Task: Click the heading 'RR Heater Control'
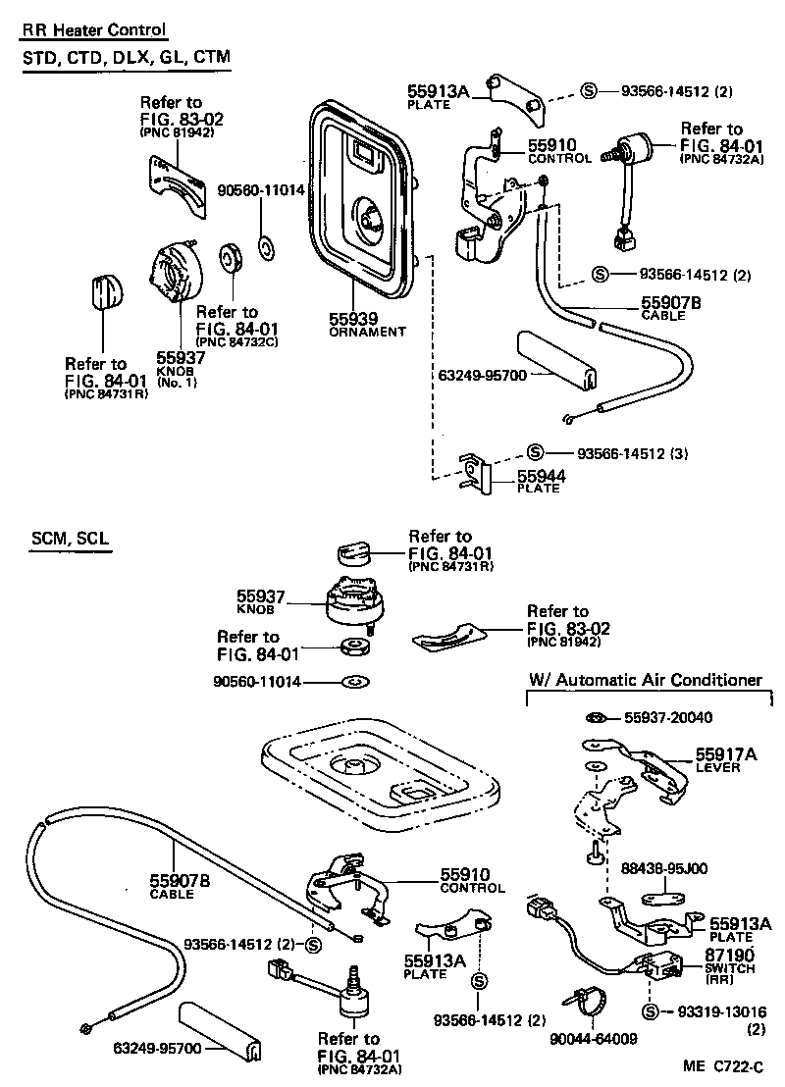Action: (x=94, y=30)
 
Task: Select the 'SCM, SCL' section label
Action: (x=70, y=539)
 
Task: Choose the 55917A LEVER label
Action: (x=726, y=754)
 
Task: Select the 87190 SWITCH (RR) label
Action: (x=728, y=956)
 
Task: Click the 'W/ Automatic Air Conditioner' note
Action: (x=646, y=680)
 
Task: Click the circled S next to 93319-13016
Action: (x=650, y=1011)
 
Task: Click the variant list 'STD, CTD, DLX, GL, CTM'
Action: (x=127, y=57)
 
